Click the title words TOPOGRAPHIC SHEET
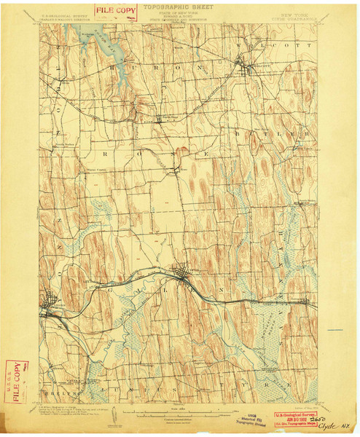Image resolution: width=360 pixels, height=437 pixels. click(x=180, y=5)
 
